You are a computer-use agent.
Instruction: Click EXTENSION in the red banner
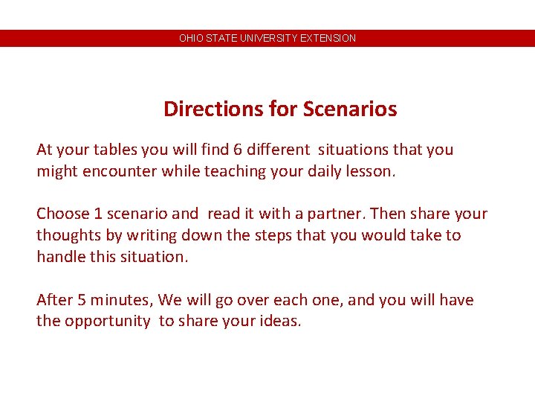coord(328,38)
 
